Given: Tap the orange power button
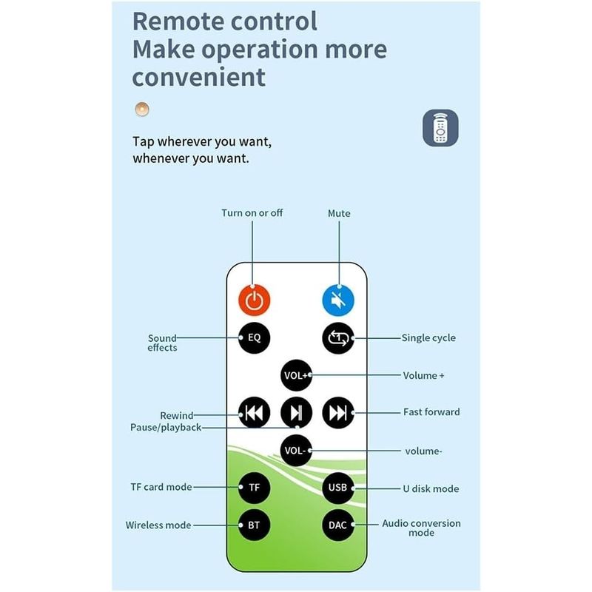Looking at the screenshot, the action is click(x=254, y=300).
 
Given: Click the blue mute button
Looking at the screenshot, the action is click(x=338, y=300).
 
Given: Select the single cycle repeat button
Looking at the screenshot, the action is click(x=338, y=338).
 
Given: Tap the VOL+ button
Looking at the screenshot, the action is click(x=297, y=375).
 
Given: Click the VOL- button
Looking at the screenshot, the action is click(x=297, y=451).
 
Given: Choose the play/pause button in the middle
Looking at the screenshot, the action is click(x=297, y=413).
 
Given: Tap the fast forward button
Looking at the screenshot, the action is click(x=338, y=413).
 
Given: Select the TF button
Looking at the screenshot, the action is click(x=254, y=488).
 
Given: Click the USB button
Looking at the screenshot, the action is click(x=338, y=488).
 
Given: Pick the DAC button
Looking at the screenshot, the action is click(x=338, y=525).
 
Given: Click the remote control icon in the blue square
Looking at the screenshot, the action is click(x=440, y=128).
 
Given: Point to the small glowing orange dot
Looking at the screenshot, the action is click(x=142, y=109).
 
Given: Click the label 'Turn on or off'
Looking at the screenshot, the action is click(x=252, y=213).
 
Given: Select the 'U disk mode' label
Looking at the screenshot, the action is click(x=431, y=488).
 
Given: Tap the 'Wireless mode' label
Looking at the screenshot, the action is click(x=158, y=525).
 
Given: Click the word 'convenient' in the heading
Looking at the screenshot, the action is click(x=198, y=77).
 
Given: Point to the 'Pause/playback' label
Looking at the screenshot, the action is click(x=165, y=428).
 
